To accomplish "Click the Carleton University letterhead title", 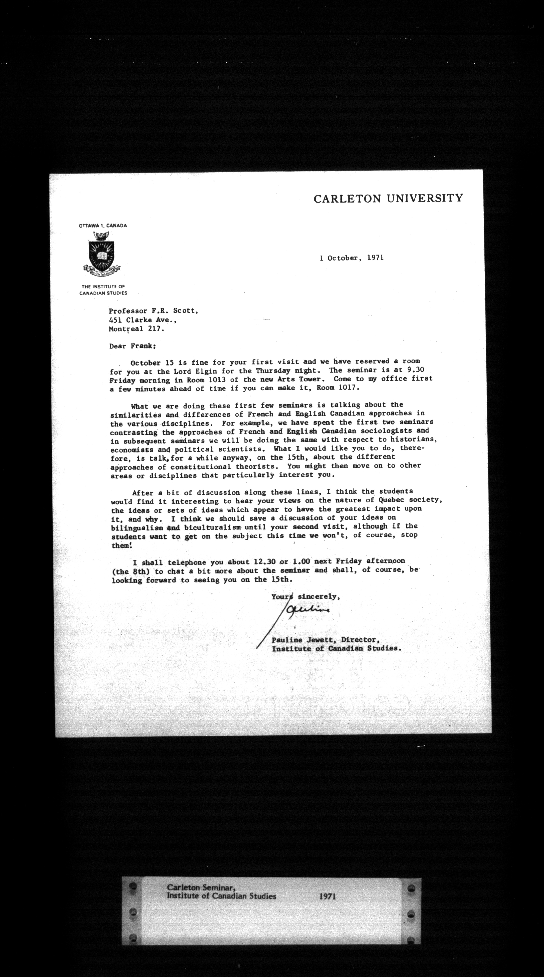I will coord(388,198).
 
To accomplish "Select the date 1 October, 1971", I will coord(351,258).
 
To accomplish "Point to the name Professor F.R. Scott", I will coord(153,311).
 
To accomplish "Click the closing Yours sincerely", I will coord(305,597).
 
